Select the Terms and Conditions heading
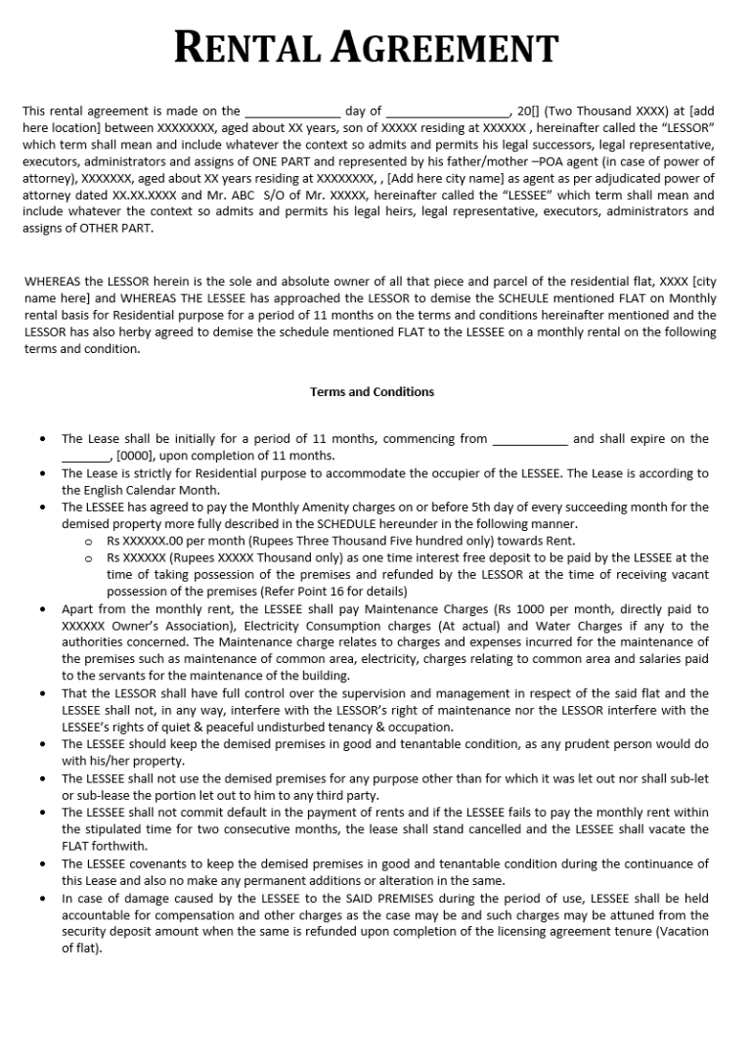(372, 392)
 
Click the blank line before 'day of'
(292, 111)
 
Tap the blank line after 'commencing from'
(529, 440)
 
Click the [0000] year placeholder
(135, 456)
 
